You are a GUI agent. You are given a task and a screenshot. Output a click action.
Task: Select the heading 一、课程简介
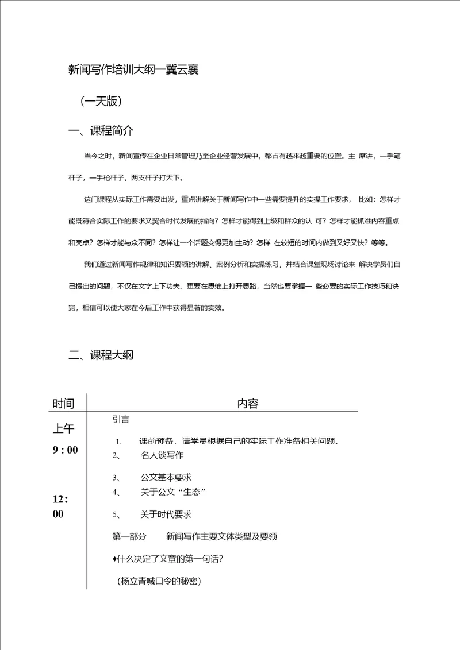pos(101,130)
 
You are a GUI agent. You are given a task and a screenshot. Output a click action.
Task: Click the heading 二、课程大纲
pos(101,355)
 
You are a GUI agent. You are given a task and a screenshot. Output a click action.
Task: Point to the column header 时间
pos(63,404)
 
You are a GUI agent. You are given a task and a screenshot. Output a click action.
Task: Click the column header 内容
pos(248,404)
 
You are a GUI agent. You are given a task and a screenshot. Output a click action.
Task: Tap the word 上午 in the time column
pos(63,428)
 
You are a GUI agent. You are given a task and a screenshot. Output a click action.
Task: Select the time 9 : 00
pos(65,450)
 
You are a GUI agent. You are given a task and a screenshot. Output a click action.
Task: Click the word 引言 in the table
pos(121,420)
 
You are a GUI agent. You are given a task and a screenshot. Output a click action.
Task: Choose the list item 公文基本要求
pos(166,477)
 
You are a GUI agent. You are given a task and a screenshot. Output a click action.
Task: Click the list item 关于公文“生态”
pos(173,492)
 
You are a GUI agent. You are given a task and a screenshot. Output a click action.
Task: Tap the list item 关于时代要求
pos(166,514)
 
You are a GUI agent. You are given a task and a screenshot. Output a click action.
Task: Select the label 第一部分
pos(129,537)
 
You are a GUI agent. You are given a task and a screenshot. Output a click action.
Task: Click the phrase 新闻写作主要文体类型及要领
pos(222,537)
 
